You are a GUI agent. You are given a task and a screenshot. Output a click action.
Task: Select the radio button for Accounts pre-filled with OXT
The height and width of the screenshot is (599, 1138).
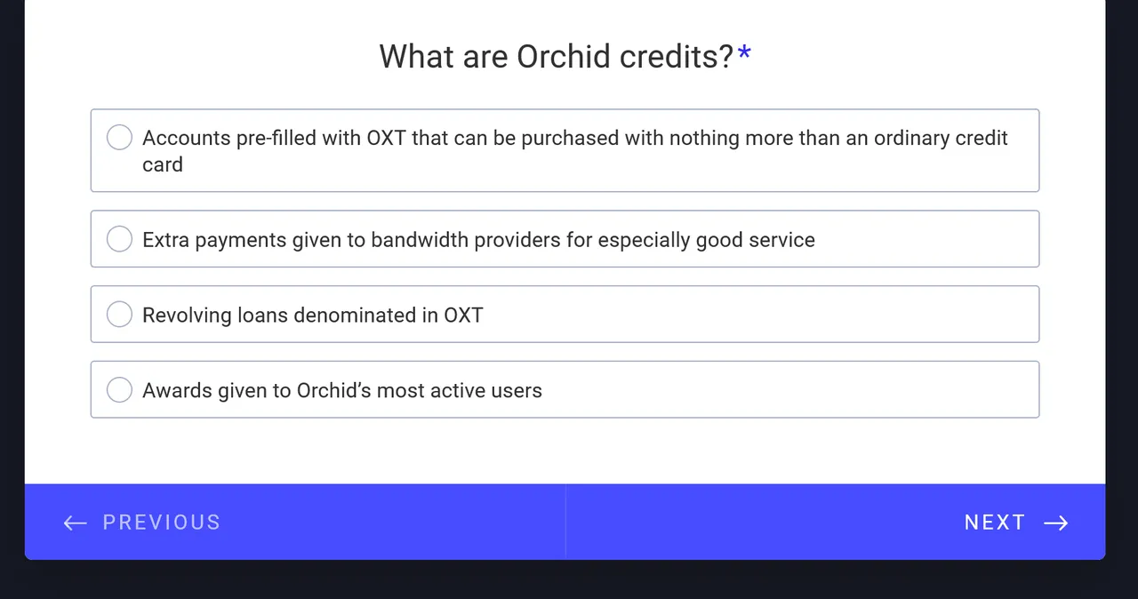pos(119,137)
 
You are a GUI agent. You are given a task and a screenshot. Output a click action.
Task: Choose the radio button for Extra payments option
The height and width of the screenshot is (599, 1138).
pos(119,238)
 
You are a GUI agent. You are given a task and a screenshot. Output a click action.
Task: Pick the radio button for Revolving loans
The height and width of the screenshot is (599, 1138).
pos(119,315)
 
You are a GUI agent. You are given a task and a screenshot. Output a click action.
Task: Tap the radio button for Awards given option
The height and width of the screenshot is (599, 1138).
pos(119,389)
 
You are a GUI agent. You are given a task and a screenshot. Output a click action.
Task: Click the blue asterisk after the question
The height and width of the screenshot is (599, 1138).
pos(744,52)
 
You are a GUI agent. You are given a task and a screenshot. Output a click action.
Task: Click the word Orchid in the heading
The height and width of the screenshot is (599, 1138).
pos(564,56)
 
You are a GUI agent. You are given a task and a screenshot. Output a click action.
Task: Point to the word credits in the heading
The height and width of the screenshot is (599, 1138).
pos(677,56)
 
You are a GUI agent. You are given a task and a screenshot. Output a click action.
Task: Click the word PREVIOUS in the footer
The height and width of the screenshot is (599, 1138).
pos(162,523)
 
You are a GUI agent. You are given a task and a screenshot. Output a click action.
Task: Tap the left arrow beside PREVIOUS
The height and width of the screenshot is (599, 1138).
pos(76,523)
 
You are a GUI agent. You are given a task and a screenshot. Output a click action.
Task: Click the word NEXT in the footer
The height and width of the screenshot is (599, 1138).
pos(995,523)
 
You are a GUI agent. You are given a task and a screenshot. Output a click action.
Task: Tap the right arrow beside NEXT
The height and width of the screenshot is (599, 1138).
pos(1055,523)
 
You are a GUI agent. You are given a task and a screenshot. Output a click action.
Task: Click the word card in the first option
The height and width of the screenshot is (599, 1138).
pos(163,164)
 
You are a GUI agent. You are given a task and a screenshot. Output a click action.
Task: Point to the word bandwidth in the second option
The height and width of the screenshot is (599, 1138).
pos(420,240)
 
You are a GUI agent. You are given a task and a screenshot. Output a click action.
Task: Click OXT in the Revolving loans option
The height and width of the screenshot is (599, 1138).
pos(463,315)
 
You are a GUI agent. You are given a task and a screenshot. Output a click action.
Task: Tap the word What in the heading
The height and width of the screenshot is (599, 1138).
pos(417,56)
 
